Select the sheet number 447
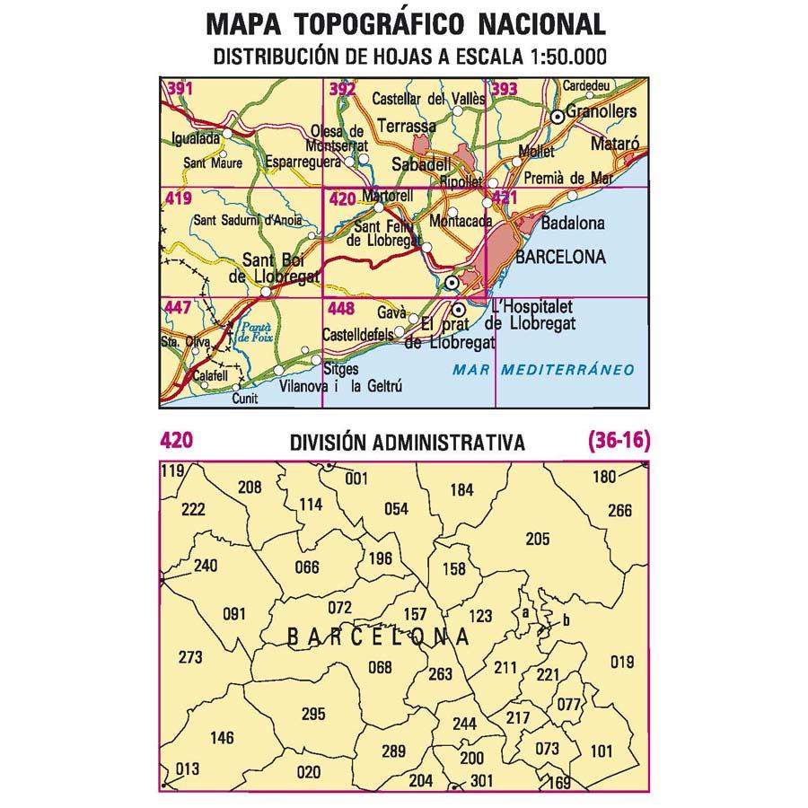click(x=177, y=309)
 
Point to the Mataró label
click(x=615, y=143)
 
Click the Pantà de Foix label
click(x=257, y=335)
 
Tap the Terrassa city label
click(x=407, y=127)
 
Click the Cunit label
click(x=244, y=399)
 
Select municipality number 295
click(x=312, y=715)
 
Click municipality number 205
click(x=537, y=539)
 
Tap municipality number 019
click(x=621, y=663)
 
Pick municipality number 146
click(x=221, y=738)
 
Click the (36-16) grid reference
click(x=617, y=441)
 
